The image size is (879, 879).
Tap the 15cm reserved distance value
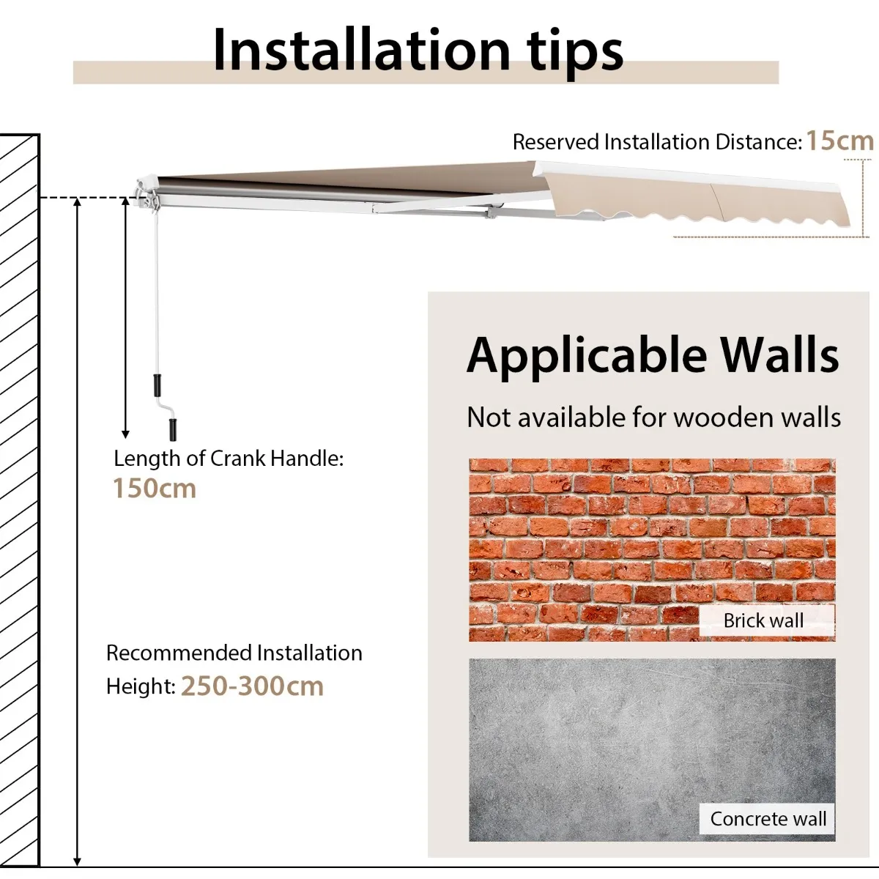839,140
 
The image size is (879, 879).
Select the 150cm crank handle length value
154,488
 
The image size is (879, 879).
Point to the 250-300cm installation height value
252,686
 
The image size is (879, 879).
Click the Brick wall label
763,620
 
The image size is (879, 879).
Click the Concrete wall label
768,819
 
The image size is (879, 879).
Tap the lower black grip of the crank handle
173,429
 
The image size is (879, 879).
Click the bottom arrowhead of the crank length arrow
125,434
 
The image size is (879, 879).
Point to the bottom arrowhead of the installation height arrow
77,861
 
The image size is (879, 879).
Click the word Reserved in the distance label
555,142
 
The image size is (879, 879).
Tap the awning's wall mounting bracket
147,195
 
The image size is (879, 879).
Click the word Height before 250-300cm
141,686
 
